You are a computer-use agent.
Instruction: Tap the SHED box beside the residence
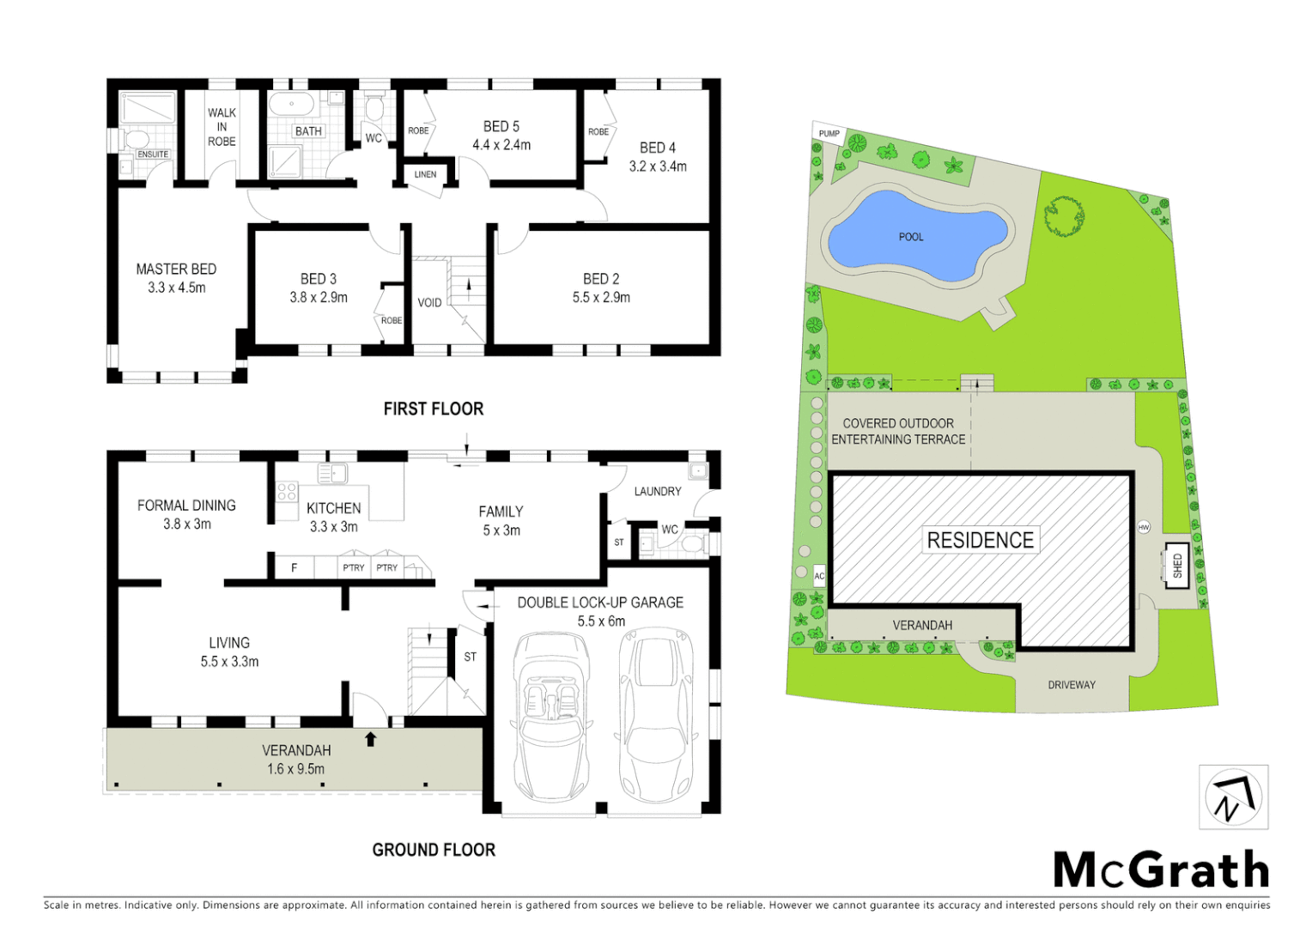1176,566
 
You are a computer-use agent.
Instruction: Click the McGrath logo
1161,870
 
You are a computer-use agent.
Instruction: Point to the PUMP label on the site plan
829,134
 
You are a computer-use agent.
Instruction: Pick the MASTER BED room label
176,270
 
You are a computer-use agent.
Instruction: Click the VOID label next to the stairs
429,303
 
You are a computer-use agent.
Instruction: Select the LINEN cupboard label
425,174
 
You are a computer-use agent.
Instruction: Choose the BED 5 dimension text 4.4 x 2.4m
501,145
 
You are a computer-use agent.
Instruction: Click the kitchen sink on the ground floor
332,473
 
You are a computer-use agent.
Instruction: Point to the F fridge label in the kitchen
294,567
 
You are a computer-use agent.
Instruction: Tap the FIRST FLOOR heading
434,409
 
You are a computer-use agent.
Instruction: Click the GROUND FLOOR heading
434,850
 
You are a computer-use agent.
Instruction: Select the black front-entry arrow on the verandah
371,739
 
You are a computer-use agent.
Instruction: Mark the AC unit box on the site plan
819,576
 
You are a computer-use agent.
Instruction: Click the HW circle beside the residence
1144,527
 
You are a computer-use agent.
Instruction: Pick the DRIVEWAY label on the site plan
1072,685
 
